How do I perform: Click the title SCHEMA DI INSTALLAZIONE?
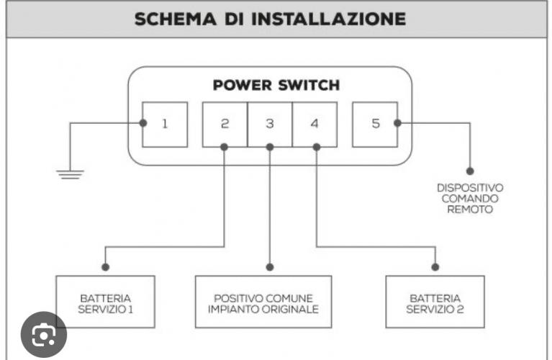270,19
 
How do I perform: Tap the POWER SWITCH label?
276,85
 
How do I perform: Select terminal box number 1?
165,124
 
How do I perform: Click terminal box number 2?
225,124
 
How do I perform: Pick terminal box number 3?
270,124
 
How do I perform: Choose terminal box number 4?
315,124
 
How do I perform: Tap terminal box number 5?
375,124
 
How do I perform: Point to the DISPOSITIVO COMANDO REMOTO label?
470,198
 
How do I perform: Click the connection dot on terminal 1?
143,123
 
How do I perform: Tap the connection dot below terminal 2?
225,147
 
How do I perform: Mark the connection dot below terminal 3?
270,147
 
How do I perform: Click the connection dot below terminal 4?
315,147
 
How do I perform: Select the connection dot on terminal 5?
397,123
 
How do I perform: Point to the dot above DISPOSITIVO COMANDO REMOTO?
470,171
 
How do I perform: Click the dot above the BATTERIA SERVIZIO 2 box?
434,267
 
